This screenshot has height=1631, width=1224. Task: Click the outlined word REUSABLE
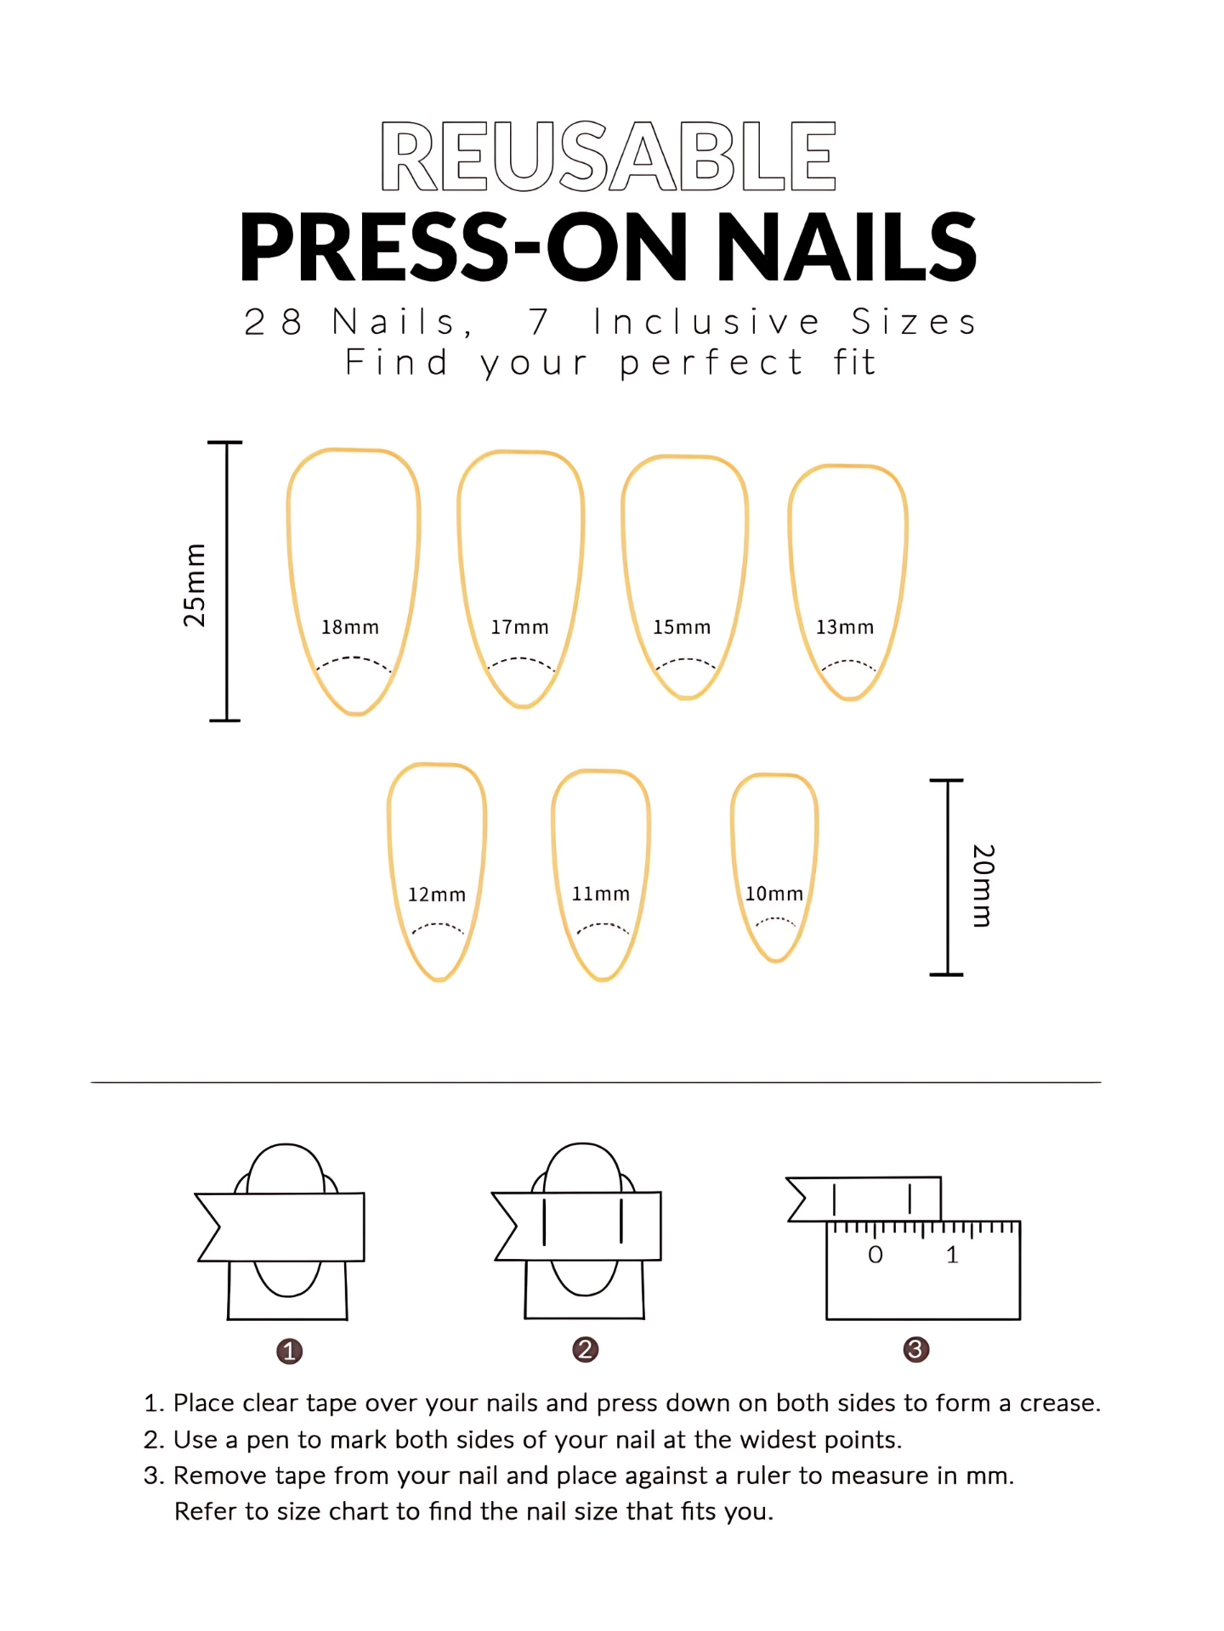609,155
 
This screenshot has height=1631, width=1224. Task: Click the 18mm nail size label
349,627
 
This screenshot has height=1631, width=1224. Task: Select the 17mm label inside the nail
519,627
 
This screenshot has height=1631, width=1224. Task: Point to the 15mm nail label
682,627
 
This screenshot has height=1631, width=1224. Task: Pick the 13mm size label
845,627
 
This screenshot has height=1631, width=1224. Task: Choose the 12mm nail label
437,895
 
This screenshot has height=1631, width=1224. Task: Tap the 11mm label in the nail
601,894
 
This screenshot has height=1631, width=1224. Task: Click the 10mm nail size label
774,894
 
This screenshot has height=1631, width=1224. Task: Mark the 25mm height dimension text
195,584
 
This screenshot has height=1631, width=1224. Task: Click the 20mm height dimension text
983,885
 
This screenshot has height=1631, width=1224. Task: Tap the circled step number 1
289,1351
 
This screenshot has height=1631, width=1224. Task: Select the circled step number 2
585,1349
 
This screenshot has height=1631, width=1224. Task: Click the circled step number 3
915,1349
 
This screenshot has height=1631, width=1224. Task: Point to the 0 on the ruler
875,1255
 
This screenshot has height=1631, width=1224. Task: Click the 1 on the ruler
952,1255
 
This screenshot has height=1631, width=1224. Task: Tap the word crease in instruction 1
1060,1403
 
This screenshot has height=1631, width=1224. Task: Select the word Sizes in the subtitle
915,322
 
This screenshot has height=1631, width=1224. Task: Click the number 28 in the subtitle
274,322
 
